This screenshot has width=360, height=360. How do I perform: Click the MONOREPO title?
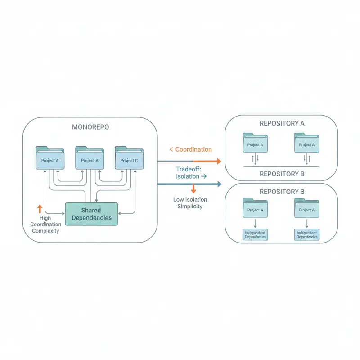tap(90, 127)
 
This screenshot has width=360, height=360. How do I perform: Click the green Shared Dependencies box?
tap(91, 214)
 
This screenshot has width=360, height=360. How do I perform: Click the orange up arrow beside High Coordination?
tap(40, 208)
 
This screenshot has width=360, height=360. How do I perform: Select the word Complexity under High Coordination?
tap(45, 231)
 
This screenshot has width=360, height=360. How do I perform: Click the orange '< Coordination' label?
tap(190, 149)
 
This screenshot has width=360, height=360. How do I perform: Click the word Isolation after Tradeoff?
tap(188, 177)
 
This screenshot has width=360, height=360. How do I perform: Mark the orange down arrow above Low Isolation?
tap(193, 189)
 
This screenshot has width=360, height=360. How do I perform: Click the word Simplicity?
tap(188, 206)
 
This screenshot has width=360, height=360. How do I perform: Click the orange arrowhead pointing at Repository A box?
tap(218, 161)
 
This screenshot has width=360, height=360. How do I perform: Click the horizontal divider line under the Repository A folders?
tap(281, 167)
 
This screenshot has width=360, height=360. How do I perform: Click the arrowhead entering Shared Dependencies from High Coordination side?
tap(63, 213)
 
